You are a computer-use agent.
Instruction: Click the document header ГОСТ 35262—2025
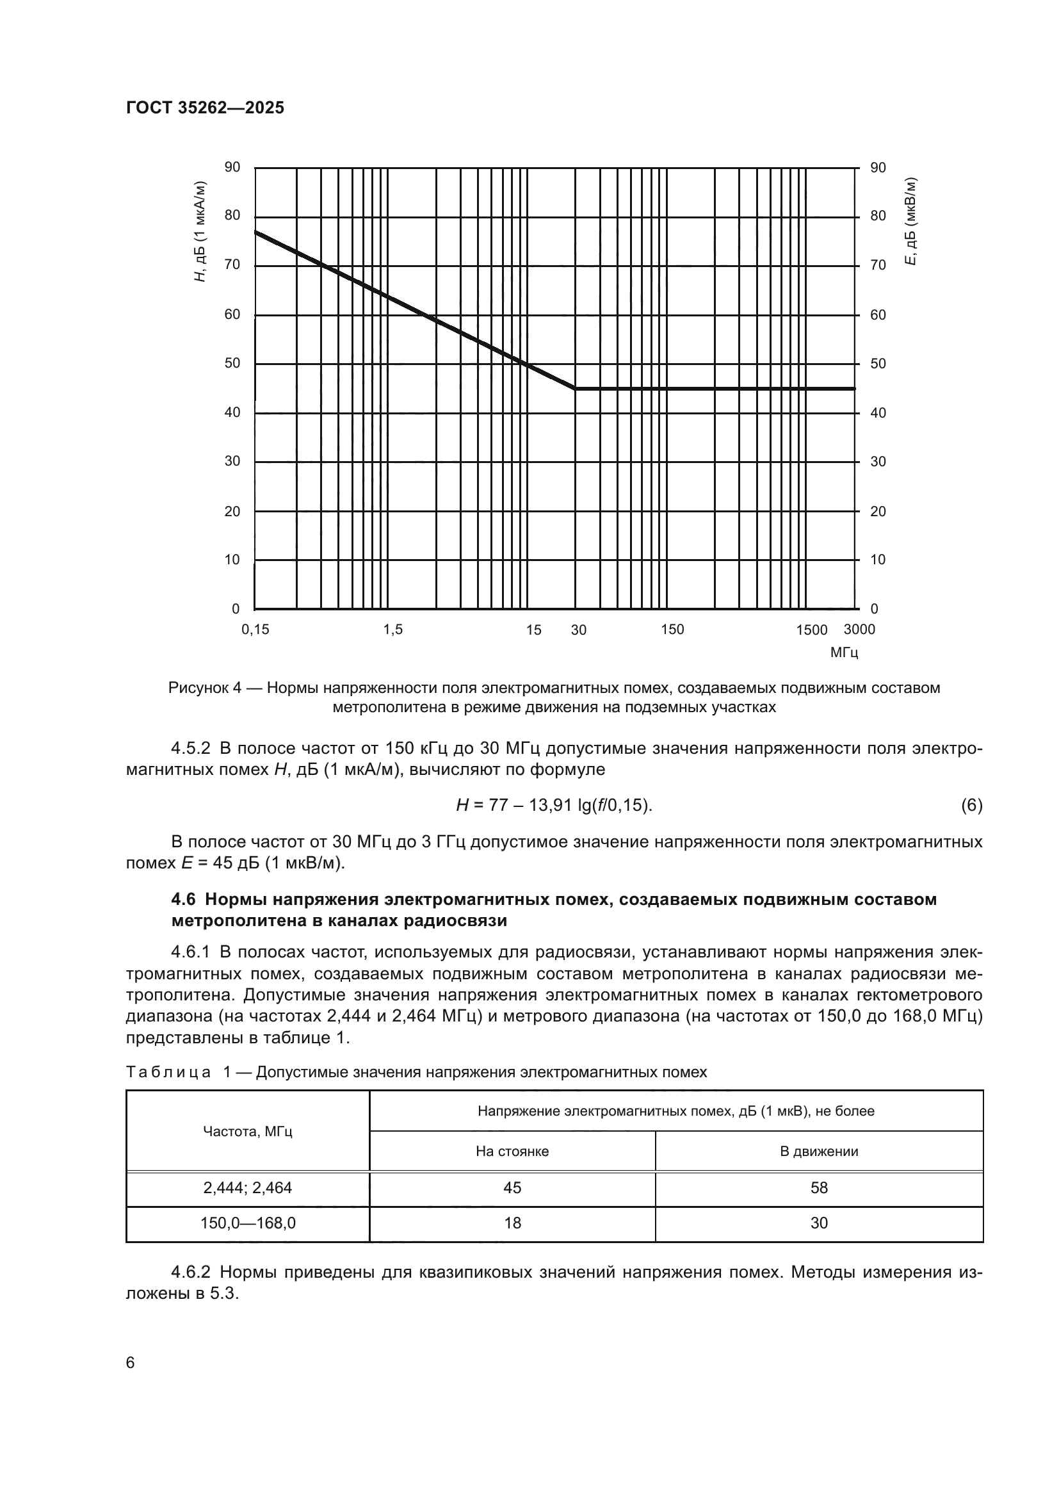coord(205,108)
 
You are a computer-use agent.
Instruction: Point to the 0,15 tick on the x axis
coord(255,630)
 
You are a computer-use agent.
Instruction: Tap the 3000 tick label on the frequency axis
coord(859,630)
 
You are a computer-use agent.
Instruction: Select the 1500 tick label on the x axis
coord(811,630)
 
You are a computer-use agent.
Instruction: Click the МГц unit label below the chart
coord(844,653)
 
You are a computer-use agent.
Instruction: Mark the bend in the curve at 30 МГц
coord(575,389)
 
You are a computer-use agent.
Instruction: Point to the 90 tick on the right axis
coord(878,168)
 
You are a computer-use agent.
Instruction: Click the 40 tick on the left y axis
coord(232,412)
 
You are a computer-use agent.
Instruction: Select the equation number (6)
coord(971,806)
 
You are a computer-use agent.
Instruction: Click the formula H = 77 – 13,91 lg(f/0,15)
coord(554,806)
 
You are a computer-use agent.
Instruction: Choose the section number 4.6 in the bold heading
coord(183,900)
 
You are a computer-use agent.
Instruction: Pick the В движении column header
coord(818,1152)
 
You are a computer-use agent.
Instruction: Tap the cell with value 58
coord(818,1188)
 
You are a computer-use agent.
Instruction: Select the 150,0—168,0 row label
coord(248,1223)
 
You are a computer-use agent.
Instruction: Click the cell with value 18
coord(513,1223)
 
